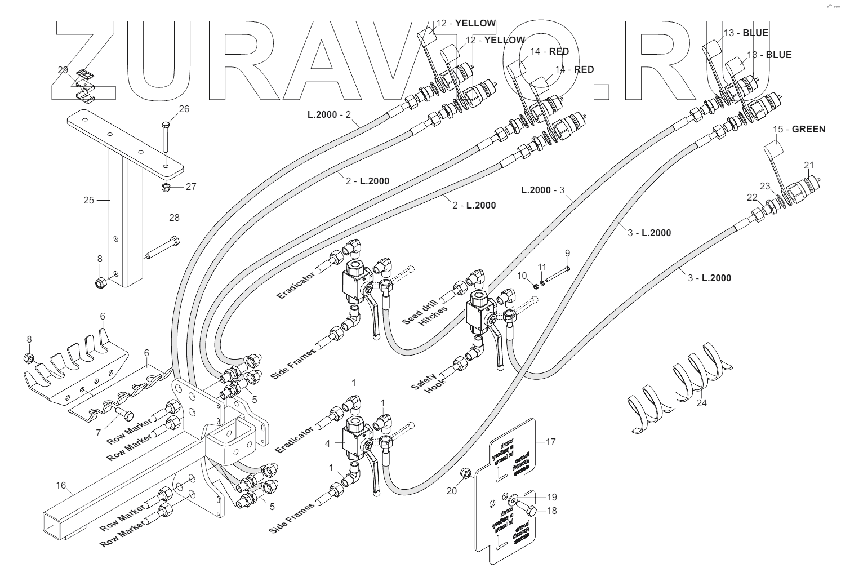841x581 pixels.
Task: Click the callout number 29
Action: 63,70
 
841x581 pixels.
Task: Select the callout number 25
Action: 88,199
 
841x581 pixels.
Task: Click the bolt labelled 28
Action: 163,249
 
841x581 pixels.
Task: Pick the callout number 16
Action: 61,485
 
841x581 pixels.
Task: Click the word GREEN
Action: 808,129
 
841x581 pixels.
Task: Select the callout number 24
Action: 701,403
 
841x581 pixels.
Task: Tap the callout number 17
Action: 550,442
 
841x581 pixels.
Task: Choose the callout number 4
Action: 327,443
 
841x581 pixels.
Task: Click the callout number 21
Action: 809,165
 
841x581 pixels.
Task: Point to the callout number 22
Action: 752,197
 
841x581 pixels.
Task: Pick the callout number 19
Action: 551,496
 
